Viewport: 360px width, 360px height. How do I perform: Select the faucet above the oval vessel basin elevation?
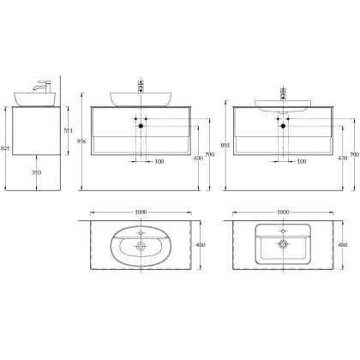(x=142, y=86)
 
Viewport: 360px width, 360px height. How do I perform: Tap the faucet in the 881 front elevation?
(x=283, y=92)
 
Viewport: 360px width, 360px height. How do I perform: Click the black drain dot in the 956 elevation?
(x=141, y=125)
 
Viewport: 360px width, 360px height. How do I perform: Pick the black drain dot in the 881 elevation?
(x=283, y=125)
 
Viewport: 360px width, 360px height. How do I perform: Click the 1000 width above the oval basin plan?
(x=141, y=213)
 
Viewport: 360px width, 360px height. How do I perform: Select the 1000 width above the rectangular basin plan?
(x=283, y=213)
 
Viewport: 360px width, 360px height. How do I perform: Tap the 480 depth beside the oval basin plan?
(x=201, y=244)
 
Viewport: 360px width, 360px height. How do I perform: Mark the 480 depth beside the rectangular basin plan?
(x=343, y=244)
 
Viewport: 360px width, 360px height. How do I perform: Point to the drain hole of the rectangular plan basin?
(x=283, y=243)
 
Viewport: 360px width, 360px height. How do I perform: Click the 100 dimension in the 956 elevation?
(x=159, y=160)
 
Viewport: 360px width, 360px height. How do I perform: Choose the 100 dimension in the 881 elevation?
(x=301, y=160)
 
